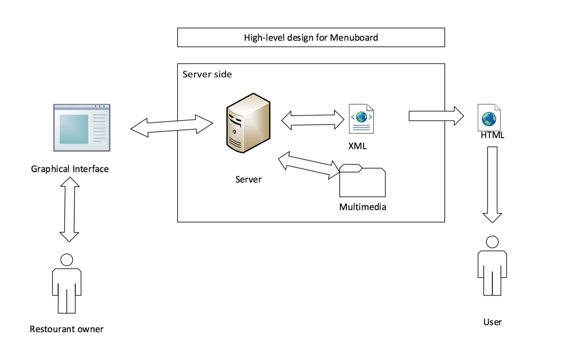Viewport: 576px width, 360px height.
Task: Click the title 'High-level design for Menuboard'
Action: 311,38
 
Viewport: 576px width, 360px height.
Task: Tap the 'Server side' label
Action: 207,74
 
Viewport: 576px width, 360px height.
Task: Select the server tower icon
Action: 248,123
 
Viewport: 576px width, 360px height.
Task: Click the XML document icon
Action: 361,119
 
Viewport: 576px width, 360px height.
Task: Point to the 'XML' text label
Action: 357,146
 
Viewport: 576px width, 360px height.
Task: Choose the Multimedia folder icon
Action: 362,181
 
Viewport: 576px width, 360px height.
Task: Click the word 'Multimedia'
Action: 363,207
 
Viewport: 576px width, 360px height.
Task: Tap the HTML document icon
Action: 489,118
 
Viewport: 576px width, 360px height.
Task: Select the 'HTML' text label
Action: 492,135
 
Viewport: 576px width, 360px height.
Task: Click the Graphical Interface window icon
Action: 82,128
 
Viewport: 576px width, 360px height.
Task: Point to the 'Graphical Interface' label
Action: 70,169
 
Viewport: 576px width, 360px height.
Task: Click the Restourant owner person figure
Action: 67,284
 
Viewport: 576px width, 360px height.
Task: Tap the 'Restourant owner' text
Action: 66,329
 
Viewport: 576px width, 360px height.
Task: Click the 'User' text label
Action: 492,322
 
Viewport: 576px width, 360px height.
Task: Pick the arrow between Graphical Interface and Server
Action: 172,126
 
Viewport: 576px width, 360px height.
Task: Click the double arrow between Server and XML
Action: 313,120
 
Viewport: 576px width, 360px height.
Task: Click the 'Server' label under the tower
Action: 248,179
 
